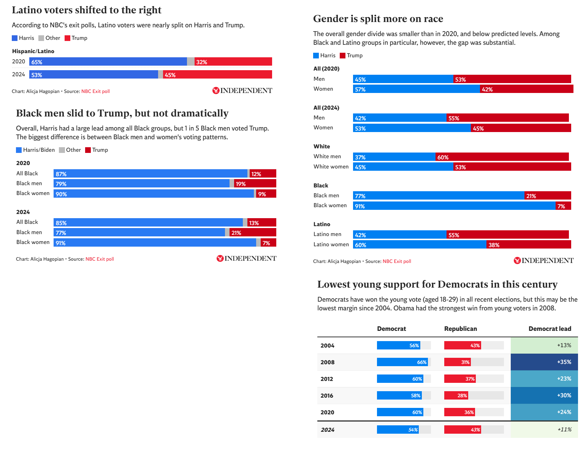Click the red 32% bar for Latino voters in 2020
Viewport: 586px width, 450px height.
233,62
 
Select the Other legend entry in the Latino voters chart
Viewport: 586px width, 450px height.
49,38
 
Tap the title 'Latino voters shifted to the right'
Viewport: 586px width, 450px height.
87,10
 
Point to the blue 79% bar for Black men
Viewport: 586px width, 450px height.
141,184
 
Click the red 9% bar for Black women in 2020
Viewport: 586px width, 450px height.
266,194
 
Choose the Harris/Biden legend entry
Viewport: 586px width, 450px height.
35,150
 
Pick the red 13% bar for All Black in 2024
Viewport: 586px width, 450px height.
261,223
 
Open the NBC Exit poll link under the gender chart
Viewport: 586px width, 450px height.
397,261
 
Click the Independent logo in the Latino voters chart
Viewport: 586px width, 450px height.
242,91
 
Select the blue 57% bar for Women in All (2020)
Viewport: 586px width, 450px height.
417,89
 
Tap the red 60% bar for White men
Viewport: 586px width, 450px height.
502,157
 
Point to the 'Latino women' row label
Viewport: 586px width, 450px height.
331,244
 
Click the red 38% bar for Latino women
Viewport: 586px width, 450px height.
528,245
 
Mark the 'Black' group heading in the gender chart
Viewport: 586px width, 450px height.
321,186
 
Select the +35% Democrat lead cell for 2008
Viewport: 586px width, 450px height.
544,362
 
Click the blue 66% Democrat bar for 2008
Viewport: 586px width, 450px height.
402,362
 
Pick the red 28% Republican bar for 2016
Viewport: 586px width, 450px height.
456,395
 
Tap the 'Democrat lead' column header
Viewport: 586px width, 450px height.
550,329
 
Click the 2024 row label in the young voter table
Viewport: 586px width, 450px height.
328,430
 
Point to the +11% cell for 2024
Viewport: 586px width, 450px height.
544,430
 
